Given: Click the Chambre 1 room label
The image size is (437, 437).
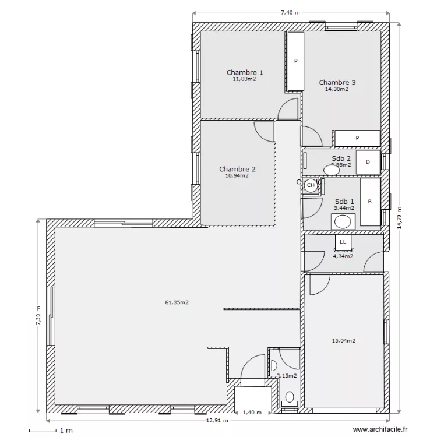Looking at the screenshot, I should tap(245, 73).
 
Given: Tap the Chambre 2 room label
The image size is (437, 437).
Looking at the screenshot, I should tap(237, 169).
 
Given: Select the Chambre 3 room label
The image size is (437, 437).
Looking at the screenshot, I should tap(337, 83).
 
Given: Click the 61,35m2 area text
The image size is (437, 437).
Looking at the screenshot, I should tap(177, 302).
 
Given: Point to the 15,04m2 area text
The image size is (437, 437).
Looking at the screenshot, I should tap(343, 341).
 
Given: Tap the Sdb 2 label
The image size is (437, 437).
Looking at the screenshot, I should tap(341, 158).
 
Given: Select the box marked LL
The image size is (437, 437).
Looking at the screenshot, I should tap(343, 241).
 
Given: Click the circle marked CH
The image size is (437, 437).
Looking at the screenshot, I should tap(311, 185).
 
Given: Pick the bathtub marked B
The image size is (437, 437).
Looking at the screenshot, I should tap(369, 202).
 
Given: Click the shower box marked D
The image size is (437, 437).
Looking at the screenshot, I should tap(368, 163).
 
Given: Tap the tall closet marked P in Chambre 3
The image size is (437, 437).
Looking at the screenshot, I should tap(296, 61).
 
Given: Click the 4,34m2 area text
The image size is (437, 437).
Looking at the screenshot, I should tap(343, 256).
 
